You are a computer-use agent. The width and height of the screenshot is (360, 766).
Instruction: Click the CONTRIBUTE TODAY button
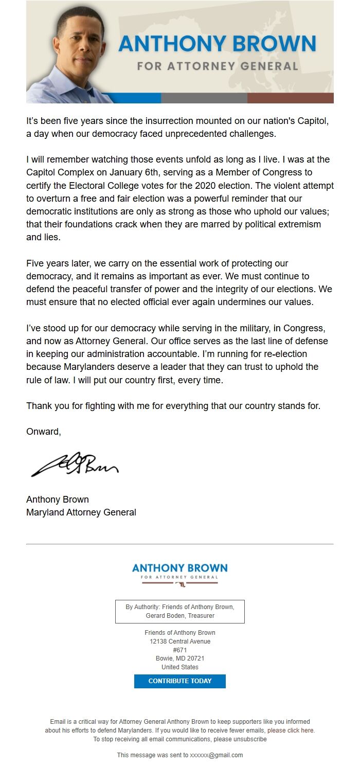[x=179, y=681]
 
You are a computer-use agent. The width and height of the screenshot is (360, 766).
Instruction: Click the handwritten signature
[x=75, y=465]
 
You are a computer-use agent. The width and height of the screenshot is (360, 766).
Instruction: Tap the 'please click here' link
[x=291, y=730]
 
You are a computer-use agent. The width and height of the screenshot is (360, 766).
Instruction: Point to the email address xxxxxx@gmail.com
[x=216, y=755]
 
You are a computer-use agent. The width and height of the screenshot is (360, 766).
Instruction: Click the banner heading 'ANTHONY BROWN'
[x=217, y=44]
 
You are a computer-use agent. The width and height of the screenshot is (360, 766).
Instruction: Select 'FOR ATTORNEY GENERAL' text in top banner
[x=217, y=66]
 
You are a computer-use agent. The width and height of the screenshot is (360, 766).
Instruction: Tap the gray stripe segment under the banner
[x=204, y=98]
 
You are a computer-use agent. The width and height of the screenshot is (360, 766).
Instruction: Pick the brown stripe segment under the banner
[x=290, y=98]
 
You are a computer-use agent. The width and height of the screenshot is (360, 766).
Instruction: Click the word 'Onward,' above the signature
[x=44, y=432]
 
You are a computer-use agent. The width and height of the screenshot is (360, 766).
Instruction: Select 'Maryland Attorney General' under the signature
[x=81, y=512]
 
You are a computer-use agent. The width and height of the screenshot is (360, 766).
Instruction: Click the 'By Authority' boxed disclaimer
[x=179, y=611]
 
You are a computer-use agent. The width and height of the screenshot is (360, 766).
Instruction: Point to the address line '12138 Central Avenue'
[x=179, y=642]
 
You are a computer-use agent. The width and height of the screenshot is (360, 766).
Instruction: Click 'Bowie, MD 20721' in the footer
[x=179, y=658]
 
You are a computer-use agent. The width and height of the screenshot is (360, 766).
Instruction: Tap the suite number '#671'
[x=179, y=650]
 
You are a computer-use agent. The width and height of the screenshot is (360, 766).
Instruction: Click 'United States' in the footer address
[x=179, y=667]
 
